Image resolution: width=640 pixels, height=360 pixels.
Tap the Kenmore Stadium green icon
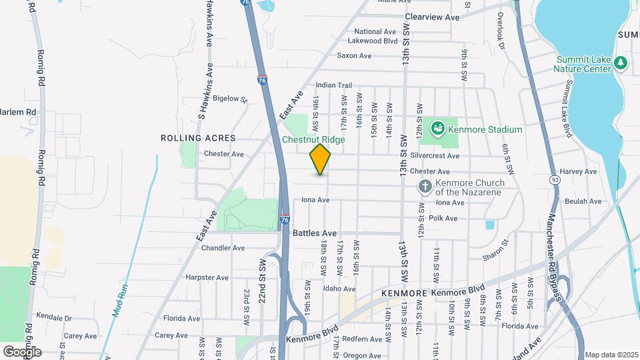point(438,127)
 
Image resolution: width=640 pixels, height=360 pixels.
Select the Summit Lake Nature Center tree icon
point(621,62)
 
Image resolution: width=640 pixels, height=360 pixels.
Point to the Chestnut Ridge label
point(313,140)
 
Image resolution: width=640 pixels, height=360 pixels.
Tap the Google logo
point(21,351)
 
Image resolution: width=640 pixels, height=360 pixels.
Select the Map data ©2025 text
point(610,354)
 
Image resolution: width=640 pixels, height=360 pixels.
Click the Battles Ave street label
point(315,233)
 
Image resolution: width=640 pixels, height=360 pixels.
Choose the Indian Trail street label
point(333,85)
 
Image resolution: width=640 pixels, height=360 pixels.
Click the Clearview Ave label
point(432,17)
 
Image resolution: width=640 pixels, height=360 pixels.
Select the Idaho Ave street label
point(340,289)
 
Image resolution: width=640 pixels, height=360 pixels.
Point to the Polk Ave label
point(443,218)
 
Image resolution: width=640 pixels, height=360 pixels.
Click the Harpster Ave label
point(207,277)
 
